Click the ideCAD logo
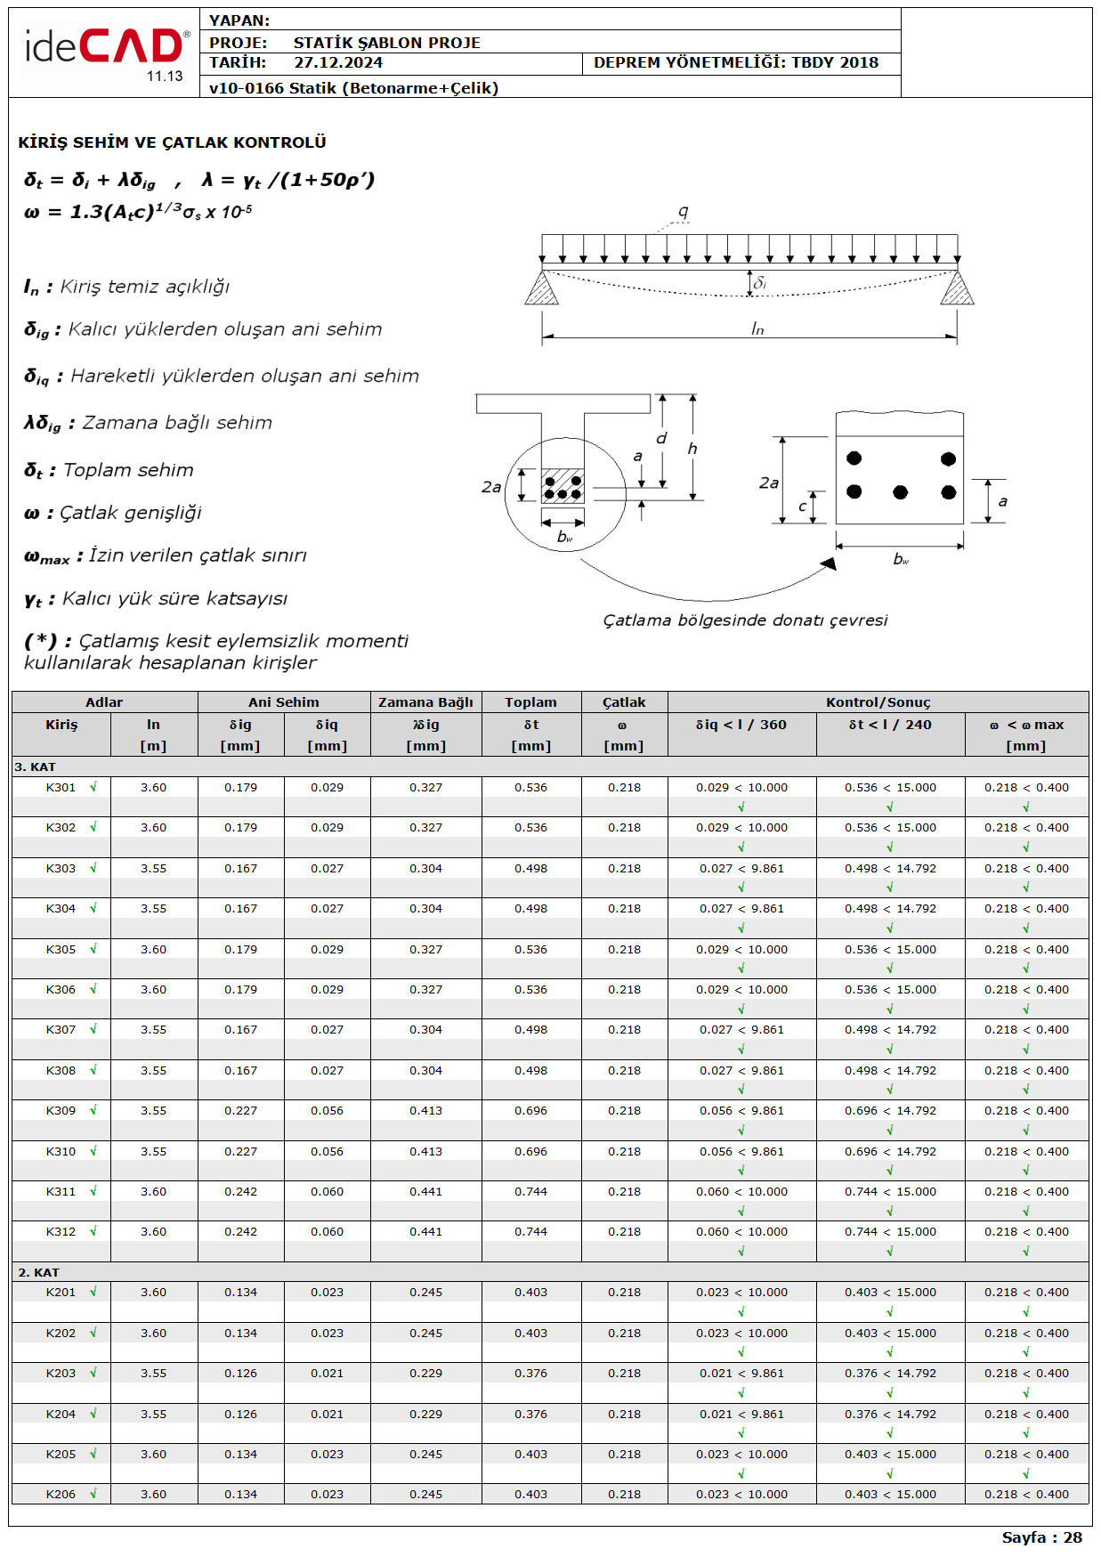click(x=105, y=49)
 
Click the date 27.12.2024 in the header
click(x=338, y=63)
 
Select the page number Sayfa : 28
click(x=1041, y=1537)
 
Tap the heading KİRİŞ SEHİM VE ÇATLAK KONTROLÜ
click(x=172, y=142)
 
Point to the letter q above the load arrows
click(x=683, y=211)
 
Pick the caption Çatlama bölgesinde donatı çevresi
click(x=745, y=620)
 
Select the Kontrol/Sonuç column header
click(x=878, y=702)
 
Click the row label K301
click(x=61, y=788)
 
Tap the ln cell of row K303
click(x=153, y=869)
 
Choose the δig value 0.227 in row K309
click(x=240, y=1111)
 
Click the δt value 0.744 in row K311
click(x=530, y=1192)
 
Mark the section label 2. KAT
click(x=38, y=1273)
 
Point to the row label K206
click(x=61, y=1495)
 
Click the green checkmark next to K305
click(x=93, y=949)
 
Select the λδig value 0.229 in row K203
click(x=425, y=1374)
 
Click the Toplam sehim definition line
click(x=109, y=470)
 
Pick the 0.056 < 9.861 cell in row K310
click(x=741, y=1152)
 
